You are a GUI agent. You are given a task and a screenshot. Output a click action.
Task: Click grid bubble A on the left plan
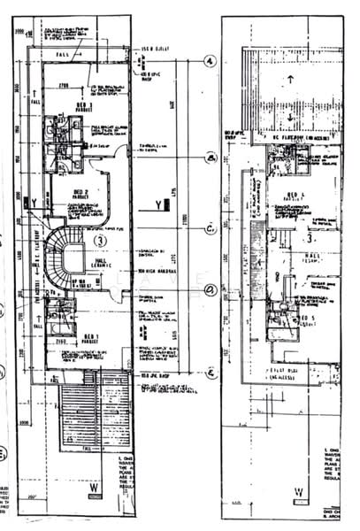pos(210,61)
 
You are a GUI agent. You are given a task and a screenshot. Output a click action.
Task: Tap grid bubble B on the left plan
pos(210,158)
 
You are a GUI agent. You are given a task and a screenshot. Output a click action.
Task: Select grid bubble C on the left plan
pos(210,229)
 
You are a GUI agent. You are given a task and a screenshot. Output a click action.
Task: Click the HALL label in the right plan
pos(309,256)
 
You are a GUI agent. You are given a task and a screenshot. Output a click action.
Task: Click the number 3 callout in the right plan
pos(309,237)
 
